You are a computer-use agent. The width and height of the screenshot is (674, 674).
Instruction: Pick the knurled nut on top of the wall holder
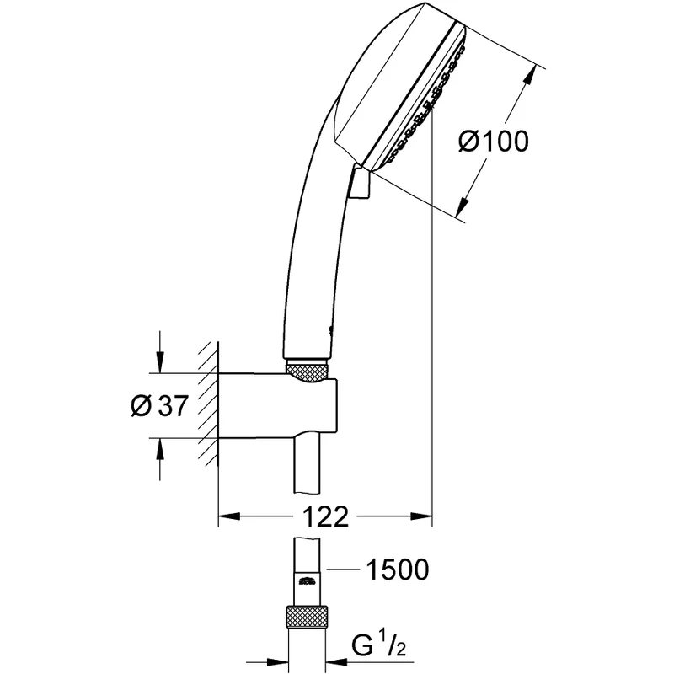pyautogui.click(x=307, y=370)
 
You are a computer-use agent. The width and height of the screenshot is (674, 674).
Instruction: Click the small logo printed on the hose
pyautogui.click(x=308, y=580)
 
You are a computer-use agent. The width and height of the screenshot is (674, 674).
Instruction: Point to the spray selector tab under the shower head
pyautogui.click(x=360, y=183)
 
